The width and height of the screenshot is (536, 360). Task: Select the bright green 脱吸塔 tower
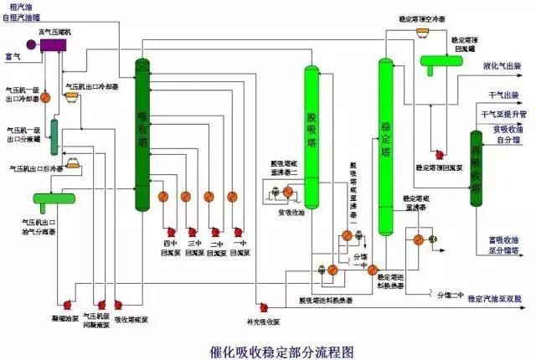click(x=312, y=134)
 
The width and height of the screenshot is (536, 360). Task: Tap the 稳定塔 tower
click(x=385, y=142)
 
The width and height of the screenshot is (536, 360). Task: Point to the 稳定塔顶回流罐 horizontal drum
click(x=446, y=62)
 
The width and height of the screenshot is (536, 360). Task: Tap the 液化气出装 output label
click(x=502, y=65)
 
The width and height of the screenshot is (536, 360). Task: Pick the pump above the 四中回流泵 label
click(x=170, y=230)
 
